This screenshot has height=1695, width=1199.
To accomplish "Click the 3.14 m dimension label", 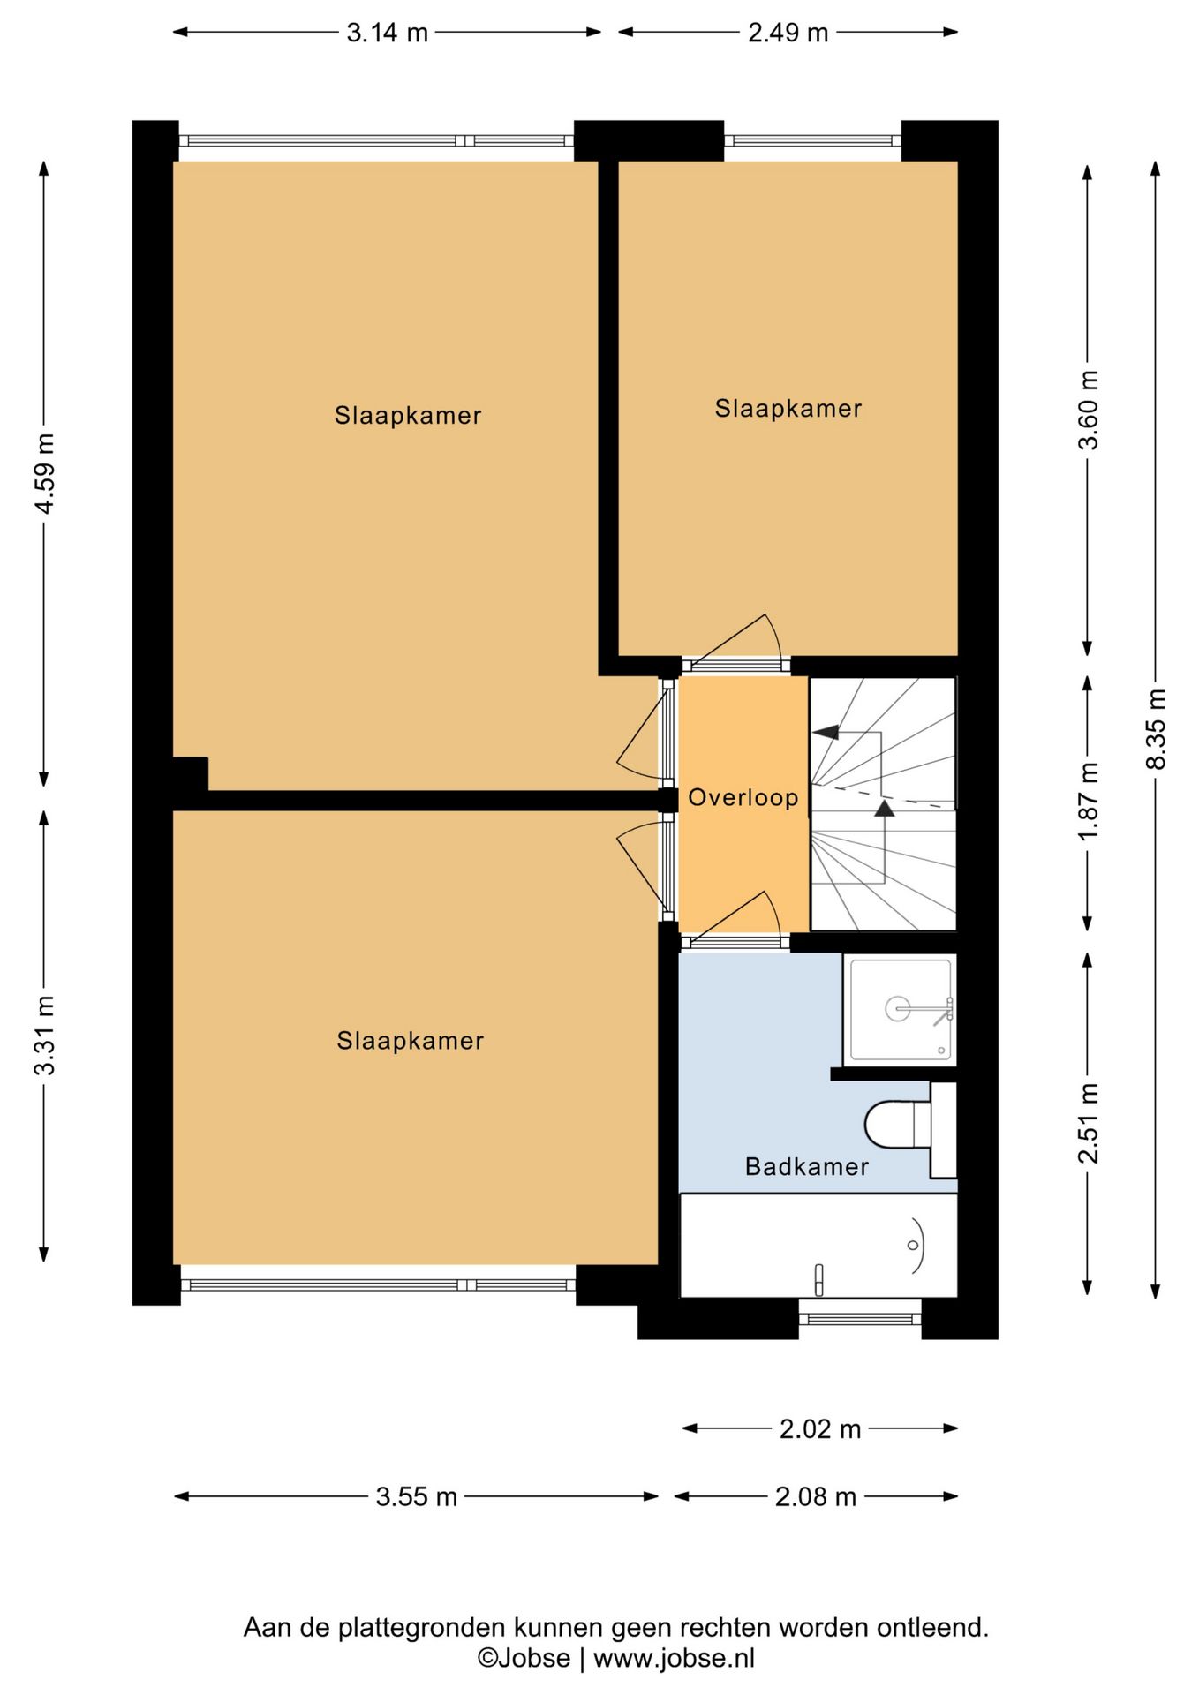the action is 387,33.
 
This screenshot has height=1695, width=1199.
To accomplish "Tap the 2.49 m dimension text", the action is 788,33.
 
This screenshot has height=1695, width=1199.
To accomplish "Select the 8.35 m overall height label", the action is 1156,728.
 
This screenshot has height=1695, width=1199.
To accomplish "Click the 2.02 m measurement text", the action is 819,1428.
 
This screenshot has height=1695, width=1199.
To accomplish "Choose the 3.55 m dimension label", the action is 416,1496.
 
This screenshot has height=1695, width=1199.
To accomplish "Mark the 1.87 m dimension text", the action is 1089,802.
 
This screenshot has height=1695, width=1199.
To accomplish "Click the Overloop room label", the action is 743,797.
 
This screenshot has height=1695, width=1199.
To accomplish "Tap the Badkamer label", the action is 807,1166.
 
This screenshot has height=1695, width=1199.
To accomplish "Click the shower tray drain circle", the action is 897,1008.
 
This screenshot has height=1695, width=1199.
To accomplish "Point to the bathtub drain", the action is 913,1245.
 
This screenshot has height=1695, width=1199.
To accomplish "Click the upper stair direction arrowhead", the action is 826,732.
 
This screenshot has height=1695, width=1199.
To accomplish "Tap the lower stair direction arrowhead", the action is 884,808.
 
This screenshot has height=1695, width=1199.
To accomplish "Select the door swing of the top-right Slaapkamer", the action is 773,635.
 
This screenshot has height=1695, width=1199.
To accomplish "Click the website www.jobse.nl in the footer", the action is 674,1658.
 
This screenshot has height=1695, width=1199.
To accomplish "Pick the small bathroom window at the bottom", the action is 860,1319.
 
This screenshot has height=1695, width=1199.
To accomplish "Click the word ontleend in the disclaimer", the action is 932,1627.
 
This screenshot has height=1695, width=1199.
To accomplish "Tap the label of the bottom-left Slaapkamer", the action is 410,1041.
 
